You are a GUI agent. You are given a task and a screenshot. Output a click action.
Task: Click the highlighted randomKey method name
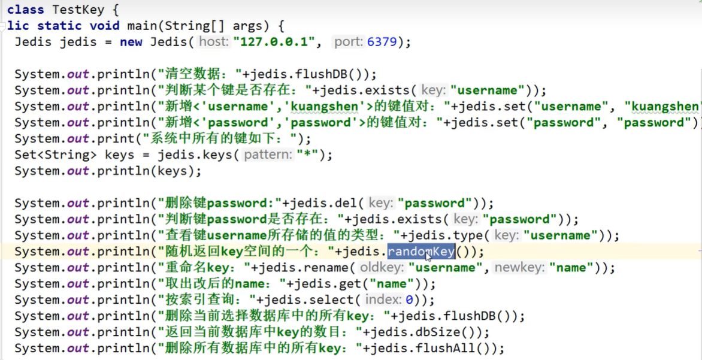420,252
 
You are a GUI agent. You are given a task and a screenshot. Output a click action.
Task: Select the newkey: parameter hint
519,268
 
